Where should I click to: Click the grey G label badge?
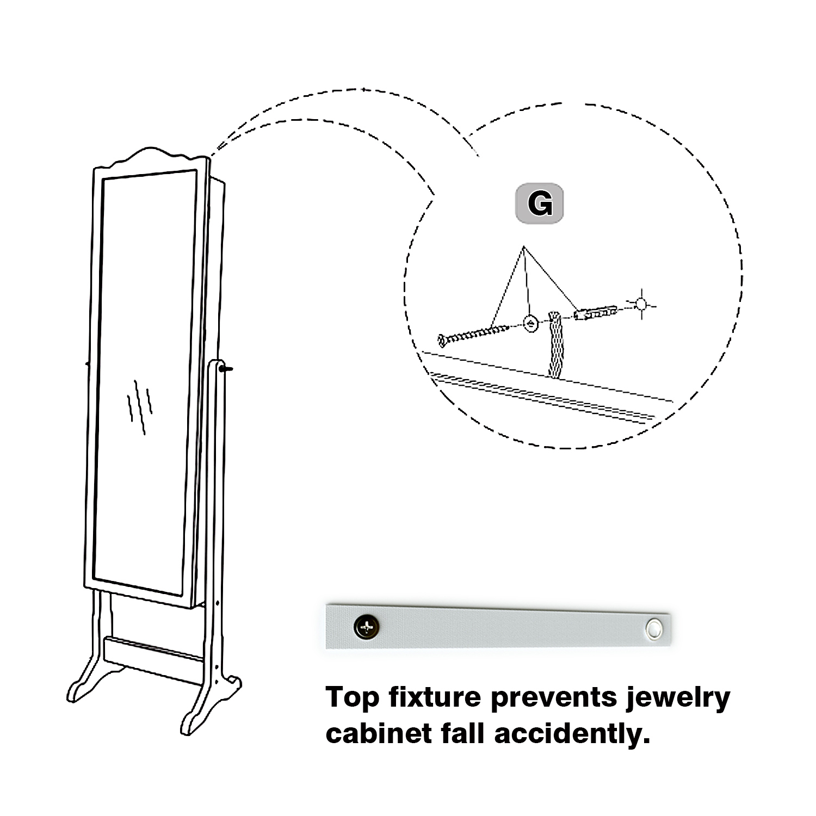539,203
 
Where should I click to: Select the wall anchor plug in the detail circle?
596,312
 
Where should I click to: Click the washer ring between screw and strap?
530,323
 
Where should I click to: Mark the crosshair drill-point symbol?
642,304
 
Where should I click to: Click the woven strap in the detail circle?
555,345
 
